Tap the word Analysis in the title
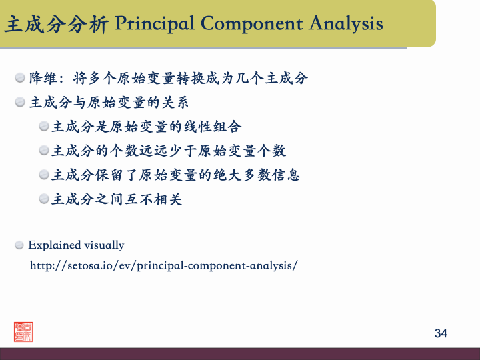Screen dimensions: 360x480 click(x=346, y=24)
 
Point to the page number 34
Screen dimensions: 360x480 click(x=441, y=333)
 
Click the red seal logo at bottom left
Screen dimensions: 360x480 click(x=23, y=331)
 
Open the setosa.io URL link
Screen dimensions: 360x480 click(x=163, y=265)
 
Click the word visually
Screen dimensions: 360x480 click(x=103, y=245)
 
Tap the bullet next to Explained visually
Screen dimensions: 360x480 click(x=20, y=245)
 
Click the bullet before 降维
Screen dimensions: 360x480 click(x=21, y=78)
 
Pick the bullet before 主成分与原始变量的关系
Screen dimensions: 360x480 click(x=21, y=102)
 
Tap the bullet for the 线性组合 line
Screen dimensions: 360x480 click(x=44, y=126)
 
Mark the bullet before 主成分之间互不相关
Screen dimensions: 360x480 click(x=44, y=199)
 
